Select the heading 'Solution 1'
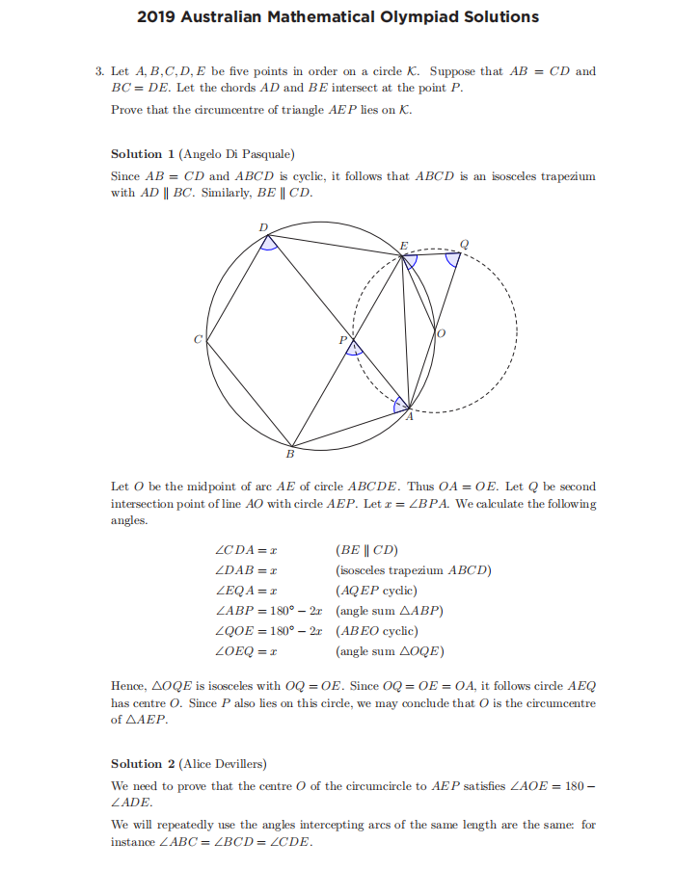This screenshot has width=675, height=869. coord(137,154)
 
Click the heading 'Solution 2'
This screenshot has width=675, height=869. coord(137,764)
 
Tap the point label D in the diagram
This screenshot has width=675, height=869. coord(264,226)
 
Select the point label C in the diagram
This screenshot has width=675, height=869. coord(198,339)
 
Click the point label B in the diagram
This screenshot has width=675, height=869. coord(289,453)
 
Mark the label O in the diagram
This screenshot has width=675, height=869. coord(442,333)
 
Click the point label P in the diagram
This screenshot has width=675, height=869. coord(341,341)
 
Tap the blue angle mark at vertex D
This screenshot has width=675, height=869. coord(271,243)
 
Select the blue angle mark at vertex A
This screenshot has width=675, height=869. coord(402,404)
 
